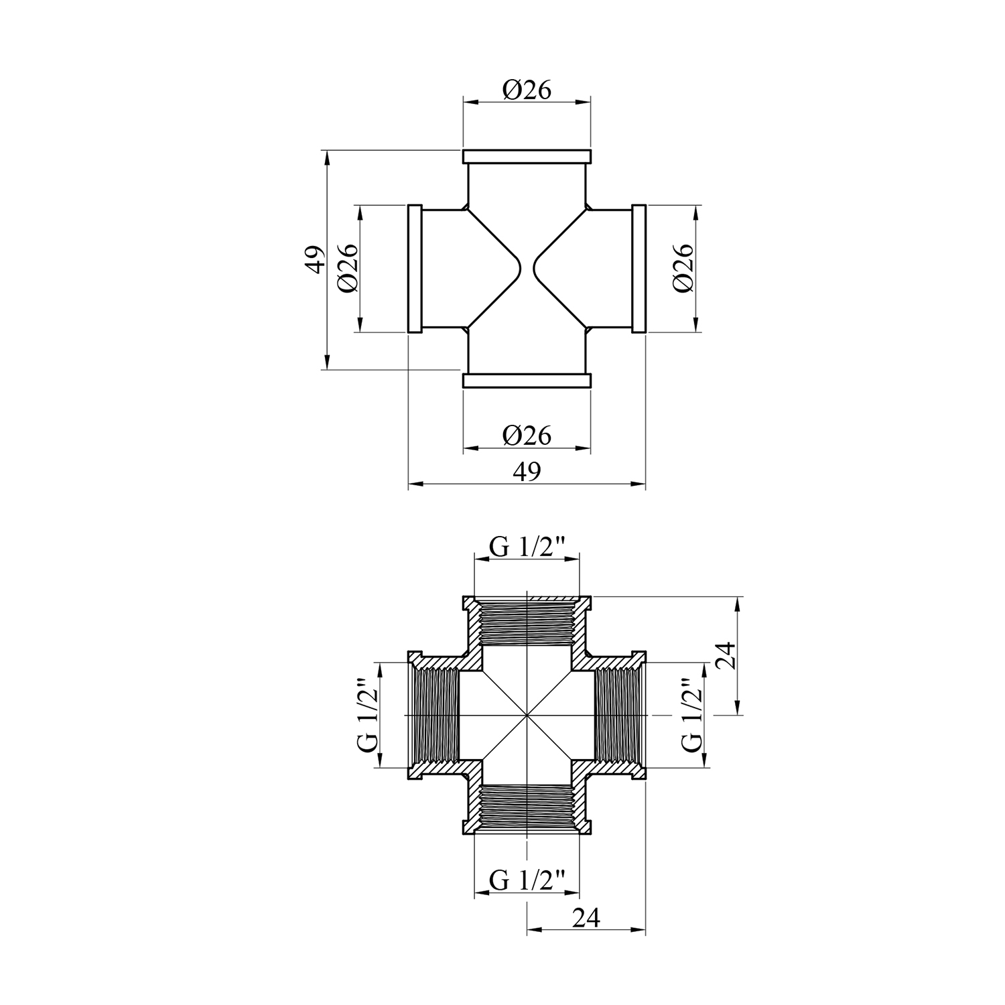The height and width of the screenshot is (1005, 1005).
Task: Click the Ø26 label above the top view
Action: tap(527, 90)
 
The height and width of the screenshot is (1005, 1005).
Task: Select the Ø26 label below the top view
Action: tap(527, 435)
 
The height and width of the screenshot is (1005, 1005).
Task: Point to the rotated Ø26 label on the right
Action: tap(683, 268)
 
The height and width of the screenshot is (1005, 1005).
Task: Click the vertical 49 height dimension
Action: tap(316, 259)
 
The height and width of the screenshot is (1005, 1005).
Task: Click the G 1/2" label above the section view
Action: tap(527, 547)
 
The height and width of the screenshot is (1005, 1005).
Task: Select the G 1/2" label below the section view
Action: tap(527, 878)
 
